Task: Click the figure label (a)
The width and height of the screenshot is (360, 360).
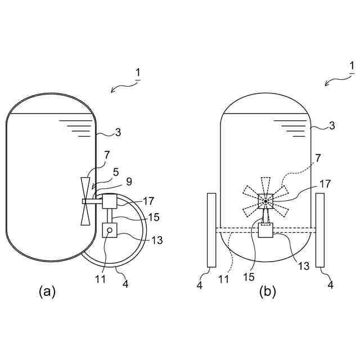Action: point(47,291)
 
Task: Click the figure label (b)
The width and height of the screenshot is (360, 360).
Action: point(267,292)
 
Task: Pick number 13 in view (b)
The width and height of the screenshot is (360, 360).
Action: point(304,266)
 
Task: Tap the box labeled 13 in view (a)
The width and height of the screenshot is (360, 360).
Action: point(110,231)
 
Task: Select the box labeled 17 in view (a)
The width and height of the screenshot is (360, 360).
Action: point(109,201)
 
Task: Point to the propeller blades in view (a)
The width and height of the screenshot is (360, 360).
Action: point(85,201)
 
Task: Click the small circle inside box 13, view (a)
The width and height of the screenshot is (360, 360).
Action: point(110,229)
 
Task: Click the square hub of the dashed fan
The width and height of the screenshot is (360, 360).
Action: point(265,201)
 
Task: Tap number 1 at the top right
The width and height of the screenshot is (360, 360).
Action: point(352,67)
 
